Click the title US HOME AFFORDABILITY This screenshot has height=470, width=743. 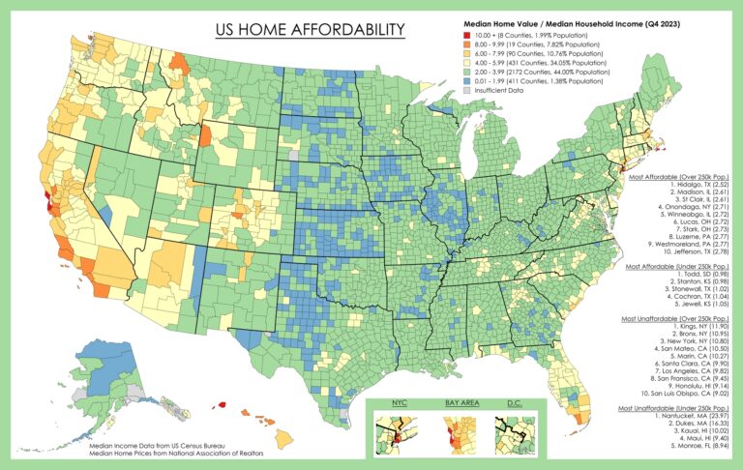pyautogui.click(x=309, y=30)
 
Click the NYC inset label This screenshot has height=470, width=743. pyautogui.click(x=398, y=402)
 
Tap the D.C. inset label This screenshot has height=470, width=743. pyautogui.click(x=513, y=402)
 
